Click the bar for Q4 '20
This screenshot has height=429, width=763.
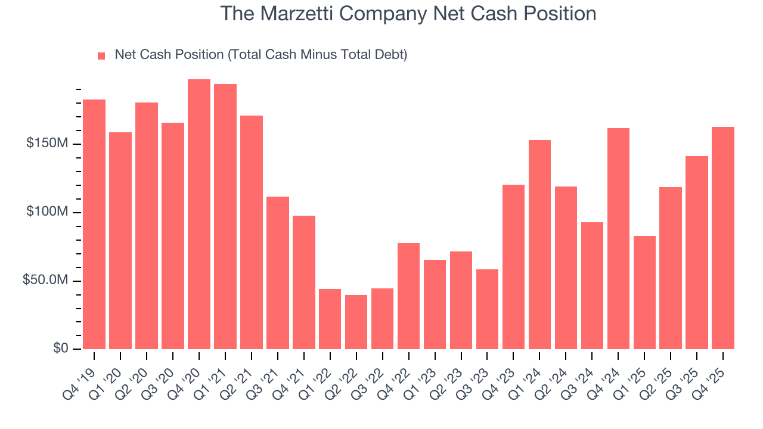(x=199, y=214)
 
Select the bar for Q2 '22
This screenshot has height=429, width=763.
(x=356, y=322)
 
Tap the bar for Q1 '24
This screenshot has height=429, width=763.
(x=539, y=244)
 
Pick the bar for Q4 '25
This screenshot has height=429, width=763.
(x=723, y=238)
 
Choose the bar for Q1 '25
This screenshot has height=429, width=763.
(x=644, y=292)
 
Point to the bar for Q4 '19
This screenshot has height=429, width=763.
(x=94, y=224)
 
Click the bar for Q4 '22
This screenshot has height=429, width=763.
(x=408, y=296)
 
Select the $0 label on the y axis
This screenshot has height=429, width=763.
(x=60, y=349)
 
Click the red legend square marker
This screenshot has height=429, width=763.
(x=101, y=55)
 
